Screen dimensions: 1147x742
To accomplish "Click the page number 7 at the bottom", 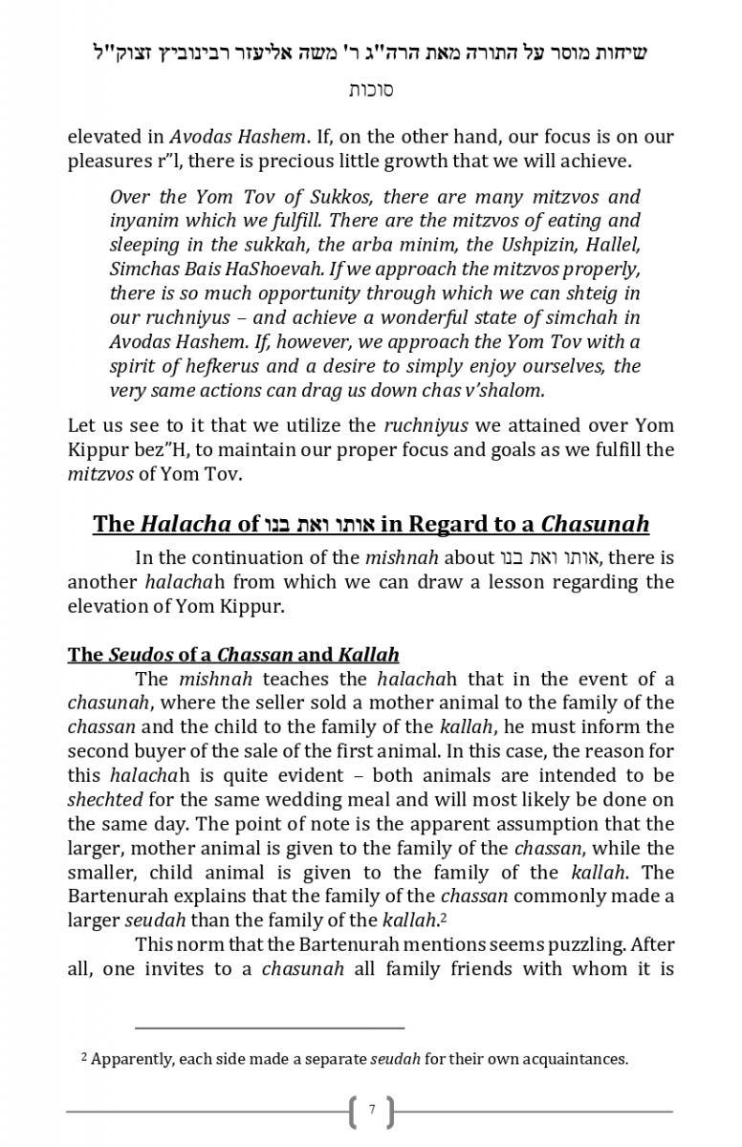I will [372, 1111].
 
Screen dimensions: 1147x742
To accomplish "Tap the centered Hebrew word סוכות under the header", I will [371, 90].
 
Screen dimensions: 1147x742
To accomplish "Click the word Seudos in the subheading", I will [140, 655].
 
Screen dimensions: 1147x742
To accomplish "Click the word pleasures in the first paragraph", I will [112, 162].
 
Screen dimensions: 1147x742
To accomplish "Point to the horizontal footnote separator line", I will [270, 1028].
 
